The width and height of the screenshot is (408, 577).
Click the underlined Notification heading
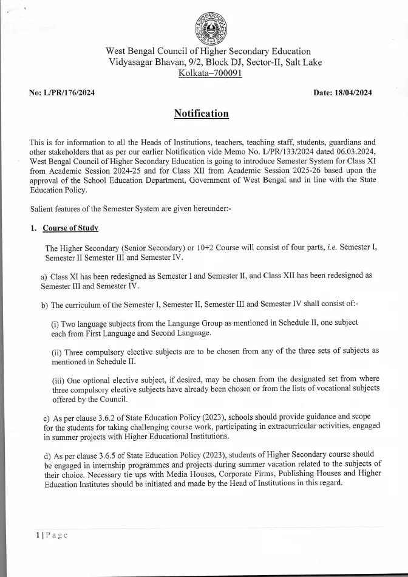(201, 114)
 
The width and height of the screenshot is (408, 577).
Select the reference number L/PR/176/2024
(69, 93)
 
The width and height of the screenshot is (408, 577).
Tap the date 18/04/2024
(352, 93)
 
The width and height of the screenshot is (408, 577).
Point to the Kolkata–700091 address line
(210, 73)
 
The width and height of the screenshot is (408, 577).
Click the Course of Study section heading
(70, 228)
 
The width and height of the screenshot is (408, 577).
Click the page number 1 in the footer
(37, 535)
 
